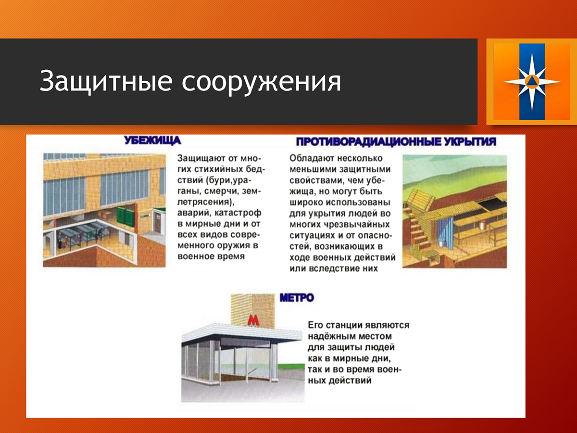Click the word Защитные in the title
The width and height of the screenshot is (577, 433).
pos(106,81)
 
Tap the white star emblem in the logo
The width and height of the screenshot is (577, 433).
pos(532,82)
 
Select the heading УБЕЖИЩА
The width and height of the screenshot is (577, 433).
pos(152,140)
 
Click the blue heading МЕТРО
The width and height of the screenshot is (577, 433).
pos(297,298)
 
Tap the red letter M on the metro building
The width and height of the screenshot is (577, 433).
pos(253,320)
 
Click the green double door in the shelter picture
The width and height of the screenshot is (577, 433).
pos(125,217)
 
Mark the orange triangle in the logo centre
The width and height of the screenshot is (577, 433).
pos(532,81)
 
